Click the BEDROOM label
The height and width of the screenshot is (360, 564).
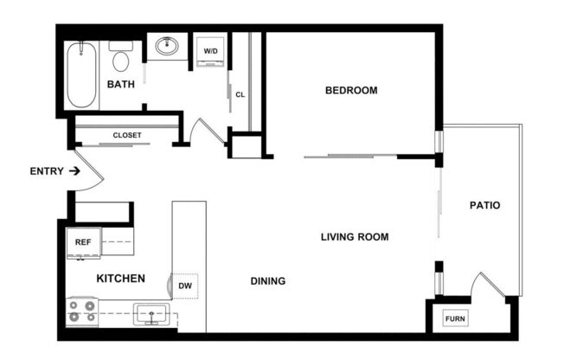[x=351, y=90]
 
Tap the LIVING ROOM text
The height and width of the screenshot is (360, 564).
[x=355, y=236]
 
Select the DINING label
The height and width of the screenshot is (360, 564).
[x=268, y=280]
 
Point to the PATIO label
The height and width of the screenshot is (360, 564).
[x=484, y=205]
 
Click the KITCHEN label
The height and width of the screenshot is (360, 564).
[x=120, y=279]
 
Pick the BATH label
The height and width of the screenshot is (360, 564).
[x=120, y=84]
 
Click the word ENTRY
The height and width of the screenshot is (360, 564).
[x=47, y=171]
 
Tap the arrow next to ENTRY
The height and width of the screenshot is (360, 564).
[x=75, y=171]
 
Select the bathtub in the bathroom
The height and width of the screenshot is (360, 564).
[x=82, y=75]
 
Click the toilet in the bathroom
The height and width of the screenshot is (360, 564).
[x=121, y=59]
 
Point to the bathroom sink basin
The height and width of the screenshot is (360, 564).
[x=164, y=46]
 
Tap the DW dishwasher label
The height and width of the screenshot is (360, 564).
[x=184, y=284]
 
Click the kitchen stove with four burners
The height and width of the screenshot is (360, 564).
[x=82, y=310]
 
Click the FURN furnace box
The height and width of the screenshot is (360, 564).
[x=455, y=318]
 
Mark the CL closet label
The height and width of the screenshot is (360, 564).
[x=240, y=95]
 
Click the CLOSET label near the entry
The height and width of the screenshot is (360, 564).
[x=127, y=135]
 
